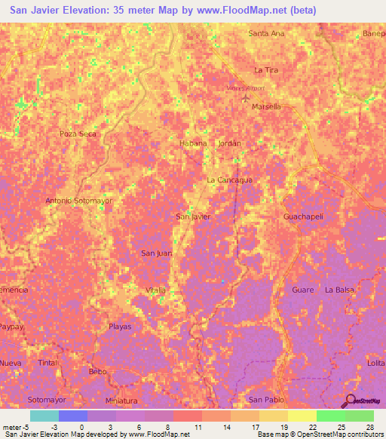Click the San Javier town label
[192, 216]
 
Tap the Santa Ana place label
[266, 33]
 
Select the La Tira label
[267, 69]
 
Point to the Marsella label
[267, 106]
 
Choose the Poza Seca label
[78, 134]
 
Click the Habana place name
[193, 143]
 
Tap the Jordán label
[229, 143]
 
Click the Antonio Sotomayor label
[78, 201]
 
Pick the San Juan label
[156, 253]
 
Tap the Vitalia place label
[155, 290]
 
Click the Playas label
[120, 327]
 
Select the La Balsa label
[339, 290]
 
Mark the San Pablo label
[266, 399]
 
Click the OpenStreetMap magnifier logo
[351, 400]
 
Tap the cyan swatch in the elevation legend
[44, 416]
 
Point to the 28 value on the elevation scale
[370, 427]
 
